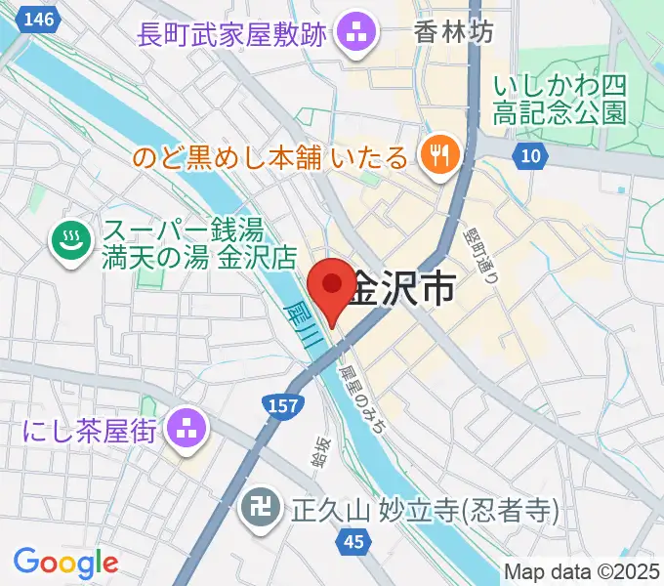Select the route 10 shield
[529, 155]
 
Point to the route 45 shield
[353, 540]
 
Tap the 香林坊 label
[453, 32]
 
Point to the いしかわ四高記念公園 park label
[560, 99]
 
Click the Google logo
[65, 562]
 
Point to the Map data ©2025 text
[582, 571]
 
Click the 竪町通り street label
[485, 251]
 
